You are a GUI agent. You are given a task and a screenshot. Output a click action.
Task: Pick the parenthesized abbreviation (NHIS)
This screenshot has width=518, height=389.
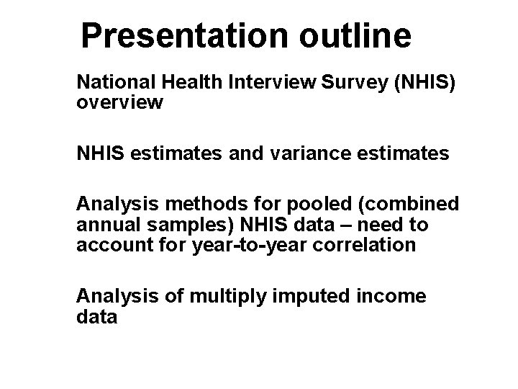(427, 83)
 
